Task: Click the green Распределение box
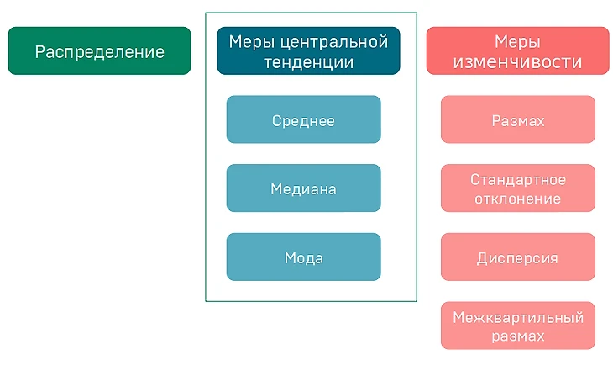(x=99, y=51)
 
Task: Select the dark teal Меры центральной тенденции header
(x=307, y=51)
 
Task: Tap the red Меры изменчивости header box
(x=517, y=51)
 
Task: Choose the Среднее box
(x=303, y=120)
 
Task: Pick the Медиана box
(x=303, y=188)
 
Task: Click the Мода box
(x=303, y=257)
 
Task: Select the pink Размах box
(x=517, y=120)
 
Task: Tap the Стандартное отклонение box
(x=517, y=188)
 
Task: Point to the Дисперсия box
(x=517, y=257)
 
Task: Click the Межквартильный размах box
(x=517, y=326)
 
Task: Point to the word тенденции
(x=307, y=62)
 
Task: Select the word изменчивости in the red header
(x=517, y=62)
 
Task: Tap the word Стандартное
(x=517, y=179)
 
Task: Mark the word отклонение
(x=517, y=199)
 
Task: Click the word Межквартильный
(x=517, y=317)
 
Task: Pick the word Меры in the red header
(x=517, y=41)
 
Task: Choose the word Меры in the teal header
(x=252, y=41)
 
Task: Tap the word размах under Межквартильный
(x=517, y=336)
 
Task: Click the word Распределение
(x=99, y=51)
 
